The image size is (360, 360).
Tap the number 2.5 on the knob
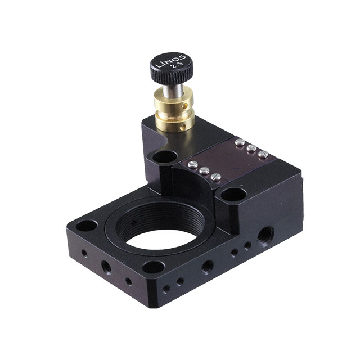click(x=176, y=66)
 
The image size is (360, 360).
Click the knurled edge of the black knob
click(x=172, y=75)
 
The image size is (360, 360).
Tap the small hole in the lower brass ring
click(x=182, y=127)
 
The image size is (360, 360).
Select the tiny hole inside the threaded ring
click(x=134, y=222)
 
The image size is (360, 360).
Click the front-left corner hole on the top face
click(x=87, y=226)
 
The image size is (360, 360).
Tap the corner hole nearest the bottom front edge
click(x=154, y=267)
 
